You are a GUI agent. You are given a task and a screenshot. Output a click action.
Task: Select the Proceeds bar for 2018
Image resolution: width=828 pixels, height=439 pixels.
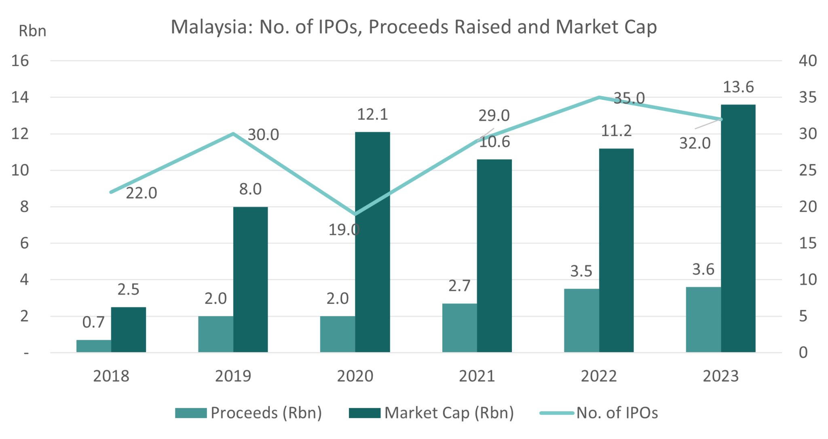[x=93, y=346]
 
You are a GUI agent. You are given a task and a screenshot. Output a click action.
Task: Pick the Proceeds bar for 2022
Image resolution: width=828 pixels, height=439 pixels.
[x=581, y=320]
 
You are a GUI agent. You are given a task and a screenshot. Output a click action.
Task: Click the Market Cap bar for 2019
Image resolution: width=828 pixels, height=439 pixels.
[x=250, y=279]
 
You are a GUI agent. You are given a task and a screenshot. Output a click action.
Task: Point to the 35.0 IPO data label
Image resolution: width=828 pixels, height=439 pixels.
[x=629, y=98]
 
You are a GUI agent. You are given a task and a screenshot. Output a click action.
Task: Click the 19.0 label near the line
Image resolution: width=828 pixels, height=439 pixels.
[x=344, y=230]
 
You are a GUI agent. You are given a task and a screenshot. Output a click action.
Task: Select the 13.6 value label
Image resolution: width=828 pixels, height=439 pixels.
[x=738, y=87]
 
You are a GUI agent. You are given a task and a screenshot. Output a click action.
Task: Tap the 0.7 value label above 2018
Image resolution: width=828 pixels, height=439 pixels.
[x=93, y=322]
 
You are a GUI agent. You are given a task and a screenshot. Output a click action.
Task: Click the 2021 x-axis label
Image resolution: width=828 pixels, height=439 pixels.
[x=477, y=376]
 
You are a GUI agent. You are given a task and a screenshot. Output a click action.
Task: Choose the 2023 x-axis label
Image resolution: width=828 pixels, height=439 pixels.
[x=720, y=376]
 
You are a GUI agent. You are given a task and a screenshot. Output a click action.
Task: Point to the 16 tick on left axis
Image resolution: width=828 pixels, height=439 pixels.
[x=20, y=61]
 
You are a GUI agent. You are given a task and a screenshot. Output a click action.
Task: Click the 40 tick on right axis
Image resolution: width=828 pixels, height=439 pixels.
[x=808, y=61]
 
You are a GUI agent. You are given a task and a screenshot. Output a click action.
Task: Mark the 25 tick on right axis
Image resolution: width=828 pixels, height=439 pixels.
[x=808, y=170]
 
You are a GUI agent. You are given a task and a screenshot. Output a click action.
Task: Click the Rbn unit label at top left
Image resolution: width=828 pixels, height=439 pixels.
[x=32, y=31]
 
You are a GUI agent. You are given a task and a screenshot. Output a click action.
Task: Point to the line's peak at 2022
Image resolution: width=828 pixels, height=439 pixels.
[x=599, y=97]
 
